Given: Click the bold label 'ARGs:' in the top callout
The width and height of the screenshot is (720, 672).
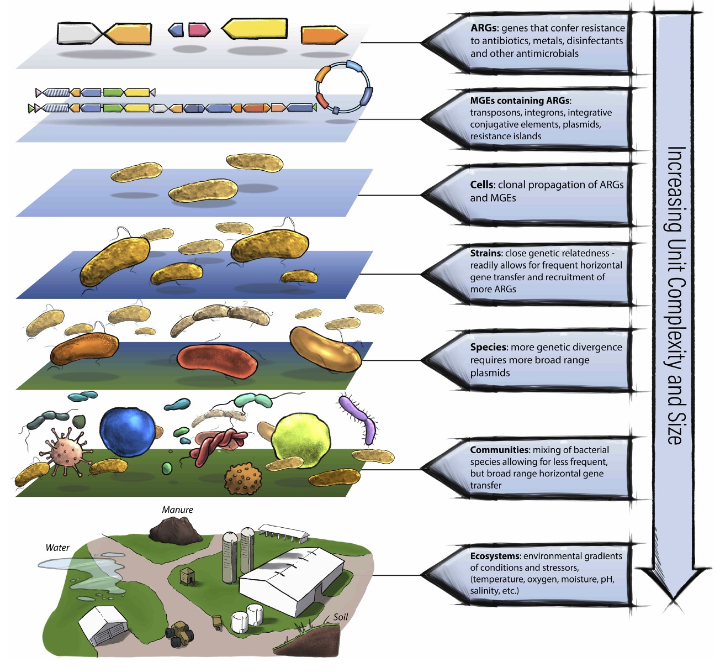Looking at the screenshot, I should (x=484, y=28).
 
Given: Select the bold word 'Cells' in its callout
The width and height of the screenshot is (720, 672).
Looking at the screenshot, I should (x=483, y=185).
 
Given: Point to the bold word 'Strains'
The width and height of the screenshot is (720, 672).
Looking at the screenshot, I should (x=486, y=253).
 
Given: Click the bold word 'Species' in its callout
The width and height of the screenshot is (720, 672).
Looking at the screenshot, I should (x=488, y=347).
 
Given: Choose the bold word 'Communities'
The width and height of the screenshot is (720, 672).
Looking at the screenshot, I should (x=499, y=450).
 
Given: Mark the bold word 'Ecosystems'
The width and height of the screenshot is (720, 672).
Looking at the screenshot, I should (x=495, y=556).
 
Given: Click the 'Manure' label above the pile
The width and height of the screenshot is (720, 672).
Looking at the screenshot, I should (x=177, y=510).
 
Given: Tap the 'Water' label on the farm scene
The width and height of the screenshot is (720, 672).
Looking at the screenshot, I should (x=57, y=548).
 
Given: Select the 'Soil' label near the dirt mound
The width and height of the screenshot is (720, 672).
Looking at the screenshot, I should (x=341, y=617).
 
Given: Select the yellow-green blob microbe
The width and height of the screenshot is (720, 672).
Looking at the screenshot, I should (x=301, y=437).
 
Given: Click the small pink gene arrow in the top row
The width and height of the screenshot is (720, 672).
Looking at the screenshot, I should (x=199, y=30).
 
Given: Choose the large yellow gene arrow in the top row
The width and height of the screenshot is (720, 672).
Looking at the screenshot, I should (x=255, y=29).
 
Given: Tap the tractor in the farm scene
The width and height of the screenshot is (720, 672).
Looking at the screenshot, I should (x=181, y=633).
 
